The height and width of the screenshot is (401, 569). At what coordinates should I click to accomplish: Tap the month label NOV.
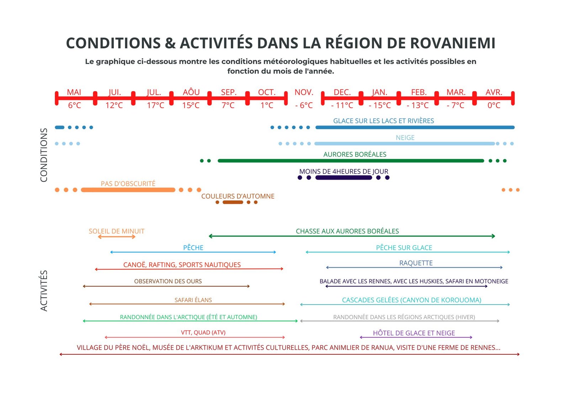(x=304, y=92)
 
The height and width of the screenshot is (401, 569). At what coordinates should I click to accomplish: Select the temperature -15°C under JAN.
(x=379, y=105)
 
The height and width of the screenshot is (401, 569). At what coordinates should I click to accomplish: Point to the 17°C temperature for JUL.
(x=155, y=105)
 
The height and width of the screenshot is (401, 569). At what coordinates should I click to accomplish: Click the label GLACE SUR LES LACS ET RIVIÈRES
(x=383, y=121)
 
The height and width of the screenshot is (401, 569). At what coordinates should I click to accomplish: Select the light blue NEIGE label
(x=405, y=137)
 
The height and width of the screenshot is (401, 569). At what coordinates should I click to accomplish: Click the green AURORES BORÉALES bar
(x=350, y=161)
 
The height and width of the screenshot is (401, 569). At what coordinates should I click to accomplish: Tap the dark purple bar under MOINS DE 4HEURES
(x=343, y=178)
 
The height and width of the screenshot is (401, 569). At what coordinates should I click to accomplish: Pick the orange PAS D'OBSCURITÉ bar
(x=128, y=190)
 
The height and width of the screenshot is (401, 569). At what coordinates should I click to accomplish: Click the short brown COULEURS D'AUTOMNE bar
(x=233, y=202)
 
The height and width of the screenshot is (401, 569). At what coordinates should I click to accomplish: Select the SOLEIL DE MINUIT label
(x=116, y=231)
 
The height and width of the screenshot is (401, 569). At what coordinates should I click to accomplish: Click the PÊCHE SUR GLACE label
(x=404, y=248)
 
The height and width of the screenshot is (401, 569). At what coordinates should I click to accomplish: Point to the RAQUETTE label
(x=416, y=263)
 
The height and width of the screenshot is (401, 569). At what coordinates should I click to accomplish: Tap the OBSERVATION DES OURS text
(x=168, y=281)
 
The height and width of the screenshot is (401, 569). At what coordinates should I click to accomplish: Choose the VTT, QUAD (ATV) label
(x=203, y=332)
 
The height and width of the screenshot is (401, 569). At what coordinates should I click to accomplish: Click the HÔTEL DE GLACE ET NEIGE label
(x=414, y=333)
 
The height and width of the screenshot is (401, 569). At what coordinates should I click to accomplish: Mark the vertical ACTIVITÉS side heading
(x=44, y=291)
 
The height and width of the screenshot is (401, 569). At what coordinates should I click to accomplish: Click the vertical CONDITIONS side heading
(x=44, y=155)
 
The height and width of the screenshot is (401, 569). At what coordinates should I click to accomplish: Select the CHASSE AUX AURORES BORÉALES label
(x=347, y=231)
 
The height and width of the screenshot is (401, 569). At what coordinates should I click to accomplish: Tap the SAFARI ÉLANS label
(x=193, y=300)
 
